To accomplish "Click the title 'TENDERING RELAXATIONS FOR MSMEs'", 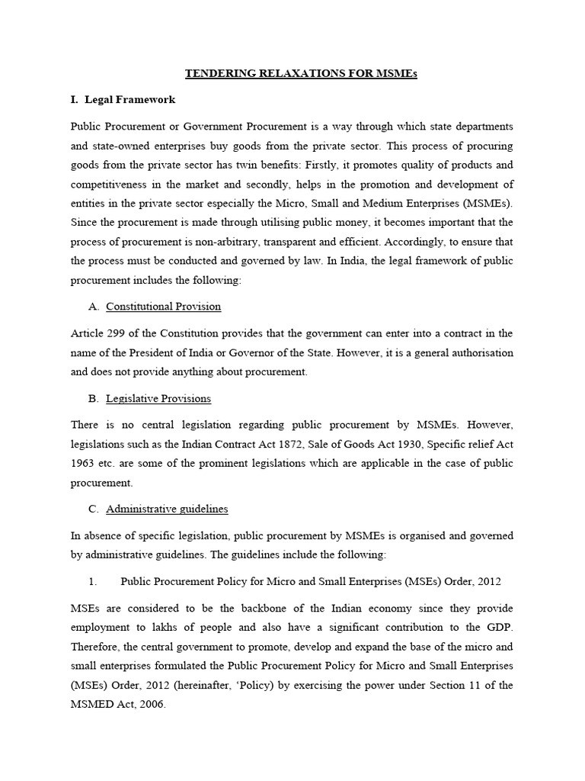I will point(292,74).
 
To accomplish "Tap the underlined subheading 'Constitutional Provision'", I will point(163,307).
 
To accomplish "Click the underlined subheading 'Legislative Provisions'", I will point(158,399).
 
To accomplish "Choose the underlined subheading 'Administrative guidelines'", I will point(167,509).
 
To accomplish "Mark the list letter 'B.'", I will point(94,399).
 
